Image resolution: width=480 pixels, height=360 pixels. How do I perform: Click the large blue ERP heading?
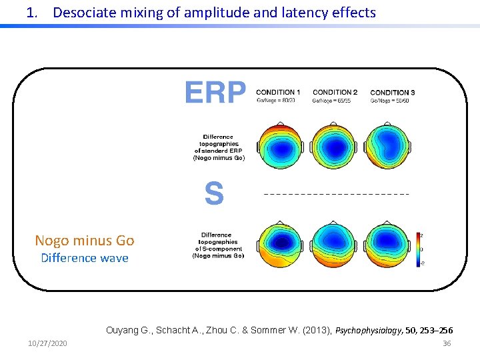[215, 93]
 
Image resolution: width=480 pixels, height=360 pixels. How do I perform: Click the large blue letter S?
[213, 194]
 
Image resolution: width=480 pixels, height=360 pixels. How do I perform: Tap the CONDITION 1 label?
[278, 92]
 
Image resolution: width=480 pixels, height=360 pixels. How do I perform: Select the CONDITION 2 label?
[335, 92]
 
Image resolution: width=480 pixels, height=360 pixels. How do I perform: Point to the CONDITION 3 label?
[393, 92]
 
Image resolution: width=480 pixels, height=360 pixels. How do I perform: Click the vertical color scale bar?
[417, 249]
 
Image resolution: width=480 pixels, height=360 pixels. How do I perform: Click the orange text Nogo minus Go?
[85, 241]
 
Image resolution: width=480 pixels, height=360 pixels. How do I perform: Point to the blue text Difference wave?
[85, 258]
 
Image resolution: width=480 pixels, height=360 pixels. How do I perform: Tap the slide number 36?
[447, 343]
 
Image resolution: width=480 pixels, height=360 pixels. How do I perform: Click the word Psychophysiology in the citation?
[367, 330]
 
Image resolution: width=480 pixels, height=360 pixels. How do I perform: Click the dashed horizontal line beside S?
[337, 193]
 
